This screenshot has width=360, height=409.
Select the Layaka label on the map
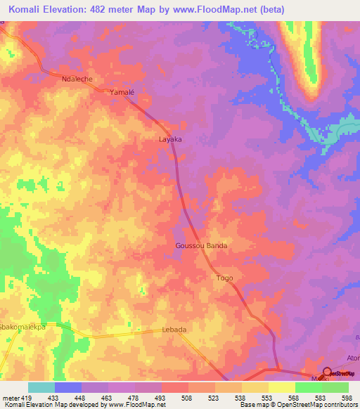pos(170,140)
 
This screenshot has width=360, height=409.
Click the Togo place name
pos(224,278)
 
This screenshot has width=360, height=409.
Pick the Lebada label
pos(174,330)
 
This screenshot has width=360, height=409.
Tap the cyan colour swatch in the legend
pos(41,387)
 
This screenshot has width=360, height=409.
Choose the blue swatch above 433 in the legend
pos(67,387)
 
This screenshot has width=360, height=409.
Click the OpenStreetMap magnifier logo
pos(328,372)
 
